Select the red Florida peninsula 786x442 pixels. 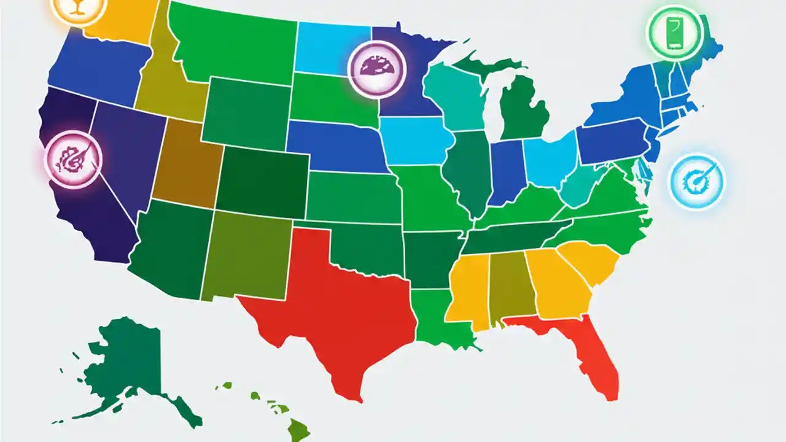pos(589,350)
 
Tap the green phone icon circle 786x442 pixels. pos(674,32)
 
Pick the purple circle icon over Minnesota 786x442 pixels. pos(377,68)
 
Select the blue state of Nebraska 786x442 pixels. pos(335,144)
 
